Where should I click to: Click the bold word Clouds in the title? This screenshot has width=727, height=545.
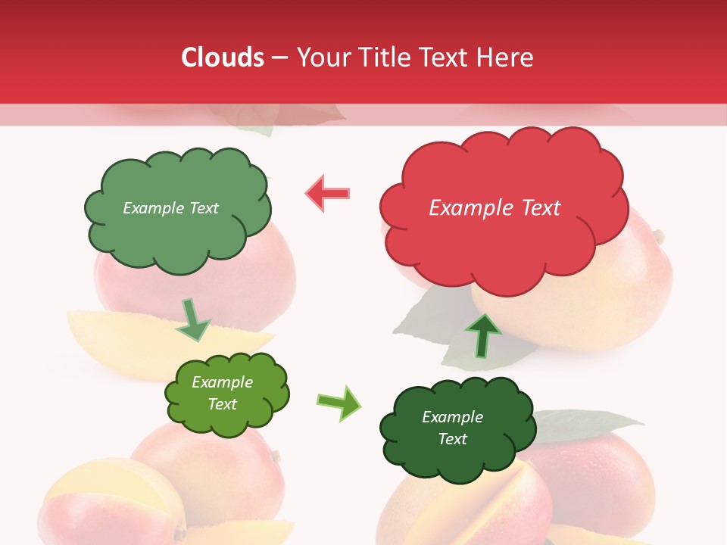[222, 58]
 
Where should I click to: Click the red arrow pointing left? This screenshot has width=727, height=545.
[328, 194]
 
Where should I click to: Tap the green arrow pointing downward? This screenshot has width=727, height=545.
[193, 320]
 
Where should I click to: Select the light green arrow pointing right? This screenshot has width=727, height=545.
[339, 402]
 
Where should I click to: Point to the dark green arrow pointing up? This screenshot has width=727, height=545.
[482, 334]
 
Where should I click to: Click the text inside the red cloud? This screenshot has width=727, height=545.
[495, 208]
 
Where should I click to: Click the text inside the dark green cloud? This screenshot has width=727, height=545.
[452, 428]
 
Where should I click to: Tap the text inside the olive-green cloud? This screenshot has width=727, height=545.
[222, 393]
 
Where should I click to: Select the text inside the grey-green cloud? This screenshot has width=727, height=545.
[170, 208]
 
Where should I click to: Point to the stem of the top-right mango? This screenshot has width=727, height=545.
[658, 237]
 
